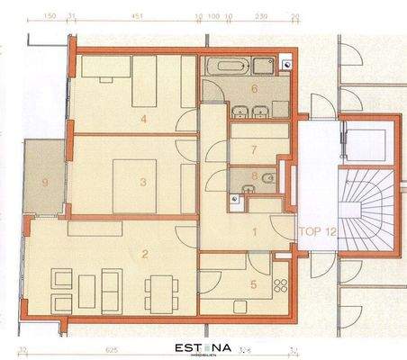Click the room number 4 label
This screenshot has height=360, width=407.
(144, 116)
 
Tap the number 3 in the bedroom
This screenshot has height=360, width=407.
(142, 181)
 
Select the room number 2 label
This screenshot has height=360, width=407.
(144, 254)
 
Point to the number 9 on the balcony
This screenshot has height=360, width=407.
(46, 183)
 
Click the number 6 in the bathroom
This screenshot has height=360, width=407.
(255, 89)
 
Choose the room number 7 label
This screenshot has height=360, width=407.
(255, 148)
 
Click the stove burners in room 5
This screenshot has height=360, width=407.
(278, 287)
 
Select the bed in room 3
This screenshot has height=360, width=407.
(136, 184)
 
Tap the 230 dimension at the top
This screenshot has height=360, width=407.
(260, 15)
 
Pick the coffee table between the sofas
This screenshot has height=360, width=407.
(92, 290)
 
